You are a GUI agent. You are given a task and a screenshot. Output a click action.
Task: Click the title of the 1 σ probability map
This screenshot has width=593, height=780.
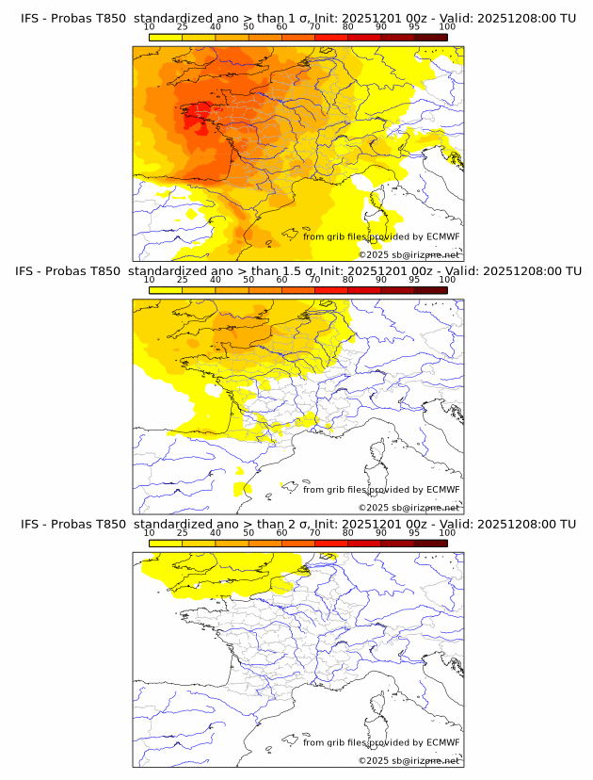[x=298, y=18]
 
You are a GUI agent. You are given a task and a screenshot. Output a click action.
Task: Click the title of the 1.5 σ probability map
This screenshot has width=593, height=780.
[x=298, y=270]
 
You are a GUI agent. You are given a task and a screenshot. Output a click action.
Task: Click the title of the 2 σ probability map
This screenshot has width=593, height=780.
[x=298, y=524]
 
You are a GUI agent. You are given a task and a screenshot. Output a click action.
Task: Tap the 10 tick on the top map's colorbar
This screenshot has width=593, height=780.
[x=150, y=28]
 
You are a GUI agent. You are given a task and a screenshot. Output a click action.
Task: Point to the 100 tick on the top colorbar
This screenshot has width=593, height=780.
[x=447, y=28]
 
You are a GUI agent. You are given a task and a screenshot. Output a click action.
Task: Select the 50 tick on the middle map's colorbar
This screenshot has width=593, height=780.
[x=248, y=280]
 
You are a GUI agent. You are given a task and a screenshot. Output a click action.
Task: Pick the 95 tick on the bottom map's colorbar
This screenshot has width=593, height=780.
[x=414, y=533]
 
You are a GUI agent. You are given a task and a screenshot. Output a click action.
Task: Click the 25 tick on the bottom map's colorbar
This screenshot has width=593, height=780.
[x=183, y=533]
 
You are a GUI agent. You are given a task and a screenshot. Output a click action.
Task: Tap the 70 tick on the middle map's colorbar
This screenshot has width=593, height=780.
[x=314, y=280]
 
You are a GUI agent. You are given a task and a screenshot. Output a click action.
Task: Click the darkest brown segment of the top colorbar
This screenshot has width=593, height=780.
[x=430, y=37]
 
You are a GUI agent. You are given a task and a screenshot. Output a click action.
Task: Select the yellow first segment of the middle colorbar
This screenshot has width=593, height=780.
[x=166, y=289]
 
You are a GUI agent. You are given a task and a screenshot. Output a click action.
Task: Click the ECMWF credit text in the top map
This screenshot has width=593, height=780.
[x=381, y=237]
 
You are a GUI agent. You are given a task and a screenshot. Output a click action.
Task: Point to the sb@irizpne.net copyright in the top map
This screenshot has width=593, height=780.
[x=409, y=254]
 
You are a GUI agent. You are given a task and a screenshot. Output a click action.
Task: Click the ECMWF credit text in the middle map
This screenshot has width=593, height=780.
[x=381, y=490]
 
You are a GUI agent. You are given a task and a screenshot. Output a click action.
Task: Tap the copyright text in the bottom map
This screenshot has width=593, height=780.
[x=409, y=760]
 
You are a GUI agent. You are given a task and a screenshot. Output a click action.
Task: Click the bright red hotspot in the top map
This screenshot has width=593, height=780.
[x=195, y=119]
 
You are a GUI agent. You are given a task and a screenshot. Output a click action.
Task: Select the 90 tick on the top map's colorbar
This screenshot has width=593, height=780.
[x=381, y=28]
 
